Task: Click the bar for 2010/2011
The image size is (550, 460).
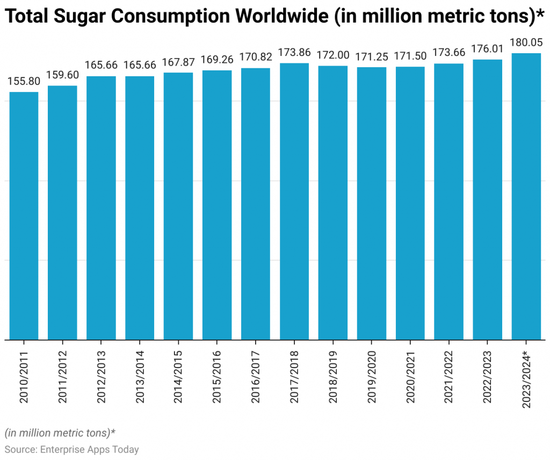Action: (x=24, y=215)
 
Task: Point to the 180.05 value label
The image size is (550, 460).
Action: (x=526, y=43)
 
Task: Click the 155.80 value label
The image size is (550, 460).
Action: (x=24, y=82)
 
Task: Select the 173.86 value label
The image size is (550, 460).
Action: (x=294, y=53)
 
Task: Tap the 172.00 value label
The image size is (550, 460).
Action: (x=332, y=55)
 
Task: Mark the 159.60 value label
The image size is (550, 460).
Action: (x=62, y=75)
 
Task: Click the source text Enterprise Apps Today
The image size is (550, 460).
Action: (x=90, y=449)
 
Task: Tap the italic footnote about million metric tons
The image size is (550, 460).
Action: (x=60, y=433)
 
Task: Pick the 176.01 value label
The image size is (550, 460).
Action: (x=487, y=49)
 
